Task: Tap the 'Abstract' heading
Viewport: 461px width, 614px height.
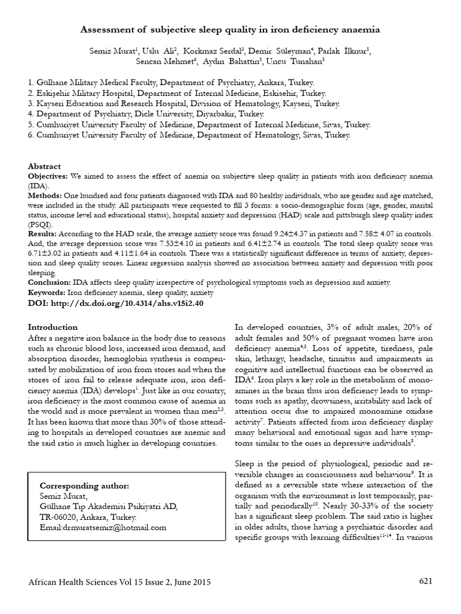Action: pos(44,166)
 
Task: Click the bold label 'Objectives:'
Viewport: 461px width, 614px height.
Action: pos(49,177)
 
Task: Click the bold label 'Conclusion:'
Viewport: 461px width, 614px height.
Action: pos(50,282)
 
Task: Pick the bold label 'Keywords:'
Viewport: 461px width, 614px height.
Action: pos(47,292)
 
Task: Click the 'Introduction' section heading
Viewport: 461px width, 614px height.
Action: pos(53,327)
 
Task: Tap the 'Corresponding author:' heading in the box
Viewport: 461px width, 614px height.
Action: pos(84,485)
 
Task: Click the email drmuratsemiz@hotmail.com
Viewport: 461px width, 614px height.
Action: pos(103,527)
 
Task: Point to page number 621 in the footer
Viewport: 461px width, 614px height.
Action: pos(425,582)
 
